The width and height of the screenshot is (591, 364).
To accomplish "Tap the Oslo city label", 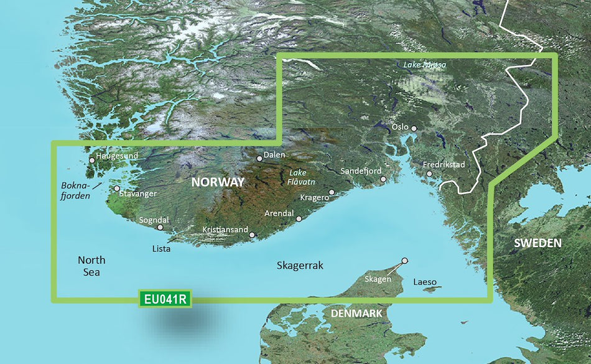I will click(x=400, y=127).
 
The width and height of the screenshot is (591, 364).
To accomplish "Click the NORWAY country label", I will click(x=217, y=182).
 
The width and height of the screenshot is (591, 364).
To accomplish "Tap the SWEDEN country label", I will click(x=538, y=243).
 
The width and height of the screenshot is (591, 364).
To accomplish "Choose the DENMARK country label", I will click(x=356, y=313).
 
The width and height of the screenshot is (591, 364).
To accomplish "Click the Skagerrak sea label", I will click(x=300, y=266).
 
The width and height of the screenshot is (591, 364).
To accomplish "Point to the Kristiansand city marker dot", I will click(x=252, y=235).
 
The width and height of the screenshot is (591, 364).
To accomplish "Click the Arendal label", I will click(x=279, y=213).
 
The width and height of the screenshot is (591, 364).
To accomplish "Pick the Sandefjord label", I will click(x=361, y=170).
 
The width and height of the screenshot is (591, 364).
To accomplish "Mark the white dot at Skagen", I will click(x=405, y=261).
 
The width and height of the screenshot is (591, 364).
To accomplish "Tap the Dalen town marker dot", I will click(x=260, y=158).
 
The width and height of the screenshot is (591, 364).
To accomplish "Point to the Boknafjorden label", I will click(x=76, y=190).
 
